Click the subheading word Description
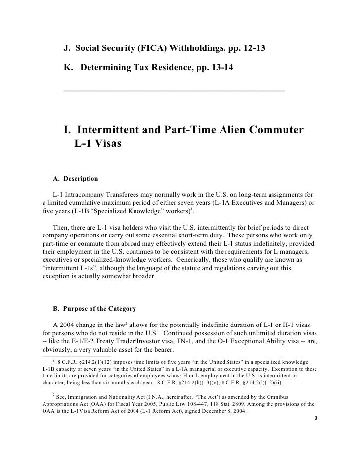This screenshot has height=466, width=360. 80,178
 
